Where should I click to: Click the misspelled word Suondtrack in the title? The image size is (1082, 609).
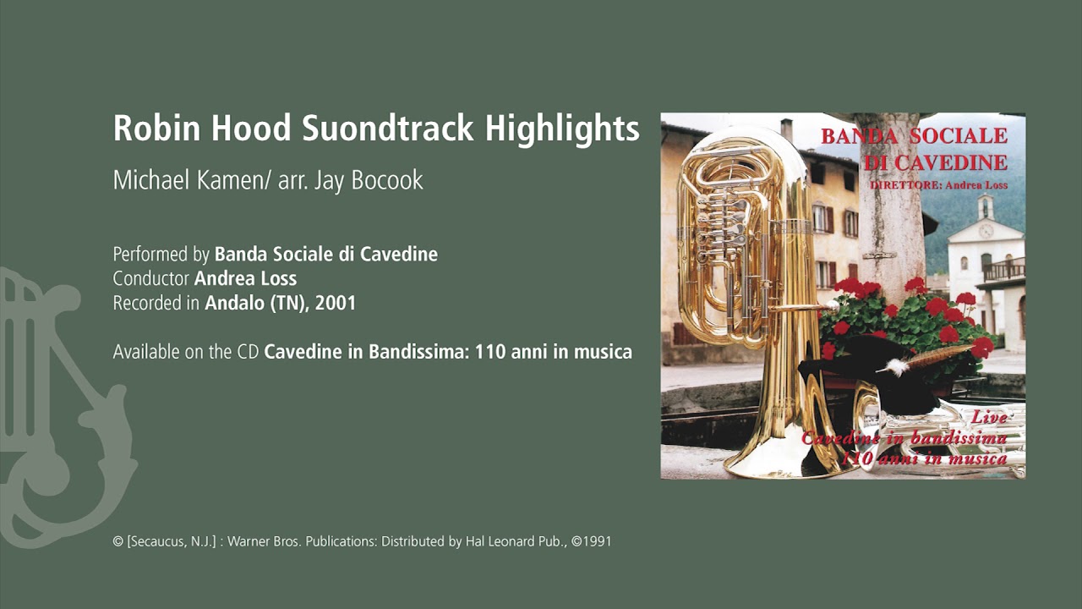click(388, 129)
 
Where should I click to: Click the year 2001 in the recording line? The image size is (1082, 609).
click(336, 303)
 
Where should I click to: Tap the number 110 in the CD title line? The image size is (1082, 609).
click(489, 352)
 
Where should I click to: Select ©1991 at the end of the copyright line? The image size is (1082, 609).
click(591, 541)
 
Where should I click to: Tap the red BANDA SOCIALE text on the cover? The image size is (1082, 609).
click(914, 136)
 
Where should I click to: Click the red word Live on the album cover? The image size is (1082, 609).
click(988, 417)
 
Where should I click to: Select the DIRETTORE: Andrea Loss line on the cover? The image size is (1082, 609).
click(938, 185)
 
